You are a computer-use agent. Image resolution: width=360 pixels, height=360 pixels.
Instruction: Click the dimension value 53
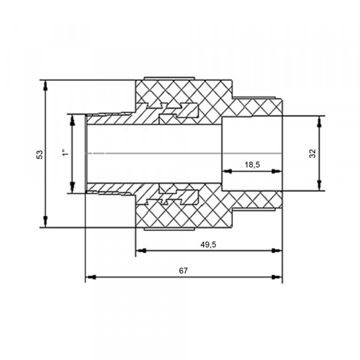click(x=40, y=154)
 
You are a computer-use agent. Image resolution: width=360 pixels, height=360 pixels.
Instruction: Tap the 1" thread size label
click(x=65, y=152)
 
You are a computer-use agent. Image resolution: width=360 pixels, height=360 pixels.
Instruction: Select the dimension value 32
click(x=313, y=154)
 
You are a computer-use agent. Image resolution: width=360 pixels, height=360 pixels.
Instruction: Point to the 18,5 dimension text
click(x=252, y=164)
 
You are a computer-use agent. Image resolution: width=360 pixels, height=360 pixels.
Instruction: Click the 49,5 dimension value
click(x=208, y=245)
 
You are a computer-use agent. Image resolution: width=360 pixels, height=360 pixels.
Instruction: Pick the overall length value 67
click(x=183, y=271)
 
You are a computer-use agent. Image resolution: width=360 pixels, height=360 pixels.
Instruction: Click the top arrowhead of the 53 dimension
click(x=46, y=85)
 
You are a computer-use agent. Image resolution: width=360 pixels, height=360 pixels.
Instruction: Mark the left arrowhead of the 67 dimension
click(x=91, y=277)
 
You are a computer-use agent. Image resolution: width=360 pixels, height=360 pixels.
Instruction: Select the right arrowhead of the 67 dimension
click(x=277, y=277)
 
